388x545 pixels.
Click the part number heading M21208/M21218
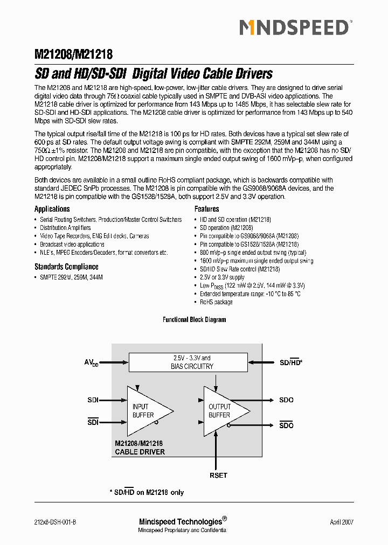click(73, 54)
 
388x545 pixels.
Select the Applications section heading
click(52, 209)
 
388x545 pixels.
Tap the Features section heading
click(206, 209)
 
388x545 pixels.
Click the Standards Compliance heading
click(66, 267)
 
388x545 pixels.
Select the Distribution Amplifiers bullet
click(65, 228)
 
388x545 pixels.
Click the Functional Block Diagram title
click(194, 319)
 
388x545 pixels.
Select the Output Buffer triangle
click(223, 411)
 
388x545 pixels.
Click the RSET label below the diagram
click(218, 475)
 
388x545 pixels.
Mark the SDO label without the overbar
click(286, 400)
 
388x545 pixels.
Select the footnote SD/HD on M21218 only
click(147, 492)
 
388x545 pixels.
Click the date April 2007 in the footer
click(342, 522)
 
